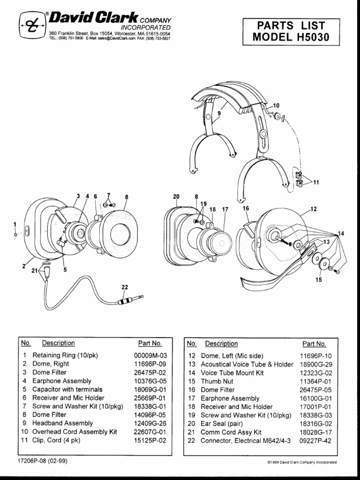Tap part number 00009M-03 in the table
(150, 355)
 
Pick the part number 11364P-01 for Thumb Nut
(316, 381)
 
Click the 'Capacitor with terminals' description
(67, 390)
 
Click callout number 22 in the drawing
(124, 287)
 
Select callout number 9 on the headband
(218, 113)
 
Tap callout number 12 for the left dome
(314, 209)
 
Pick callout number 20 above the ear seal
(176, 197)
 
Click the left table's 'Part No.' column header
(150, 343)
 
